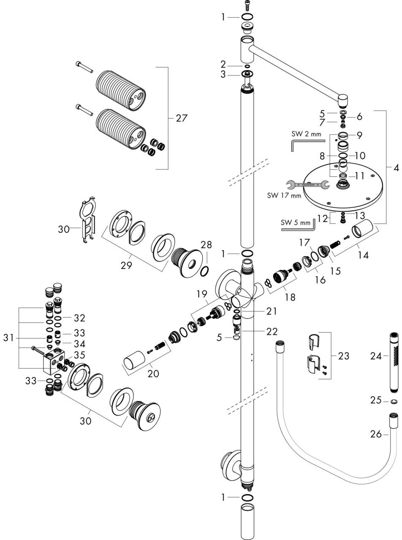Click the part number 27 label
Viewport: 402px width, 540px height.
181,119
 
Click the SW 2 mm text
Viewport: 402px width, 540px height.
306,134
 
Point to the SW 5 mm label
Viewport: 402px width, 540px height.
295,222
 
